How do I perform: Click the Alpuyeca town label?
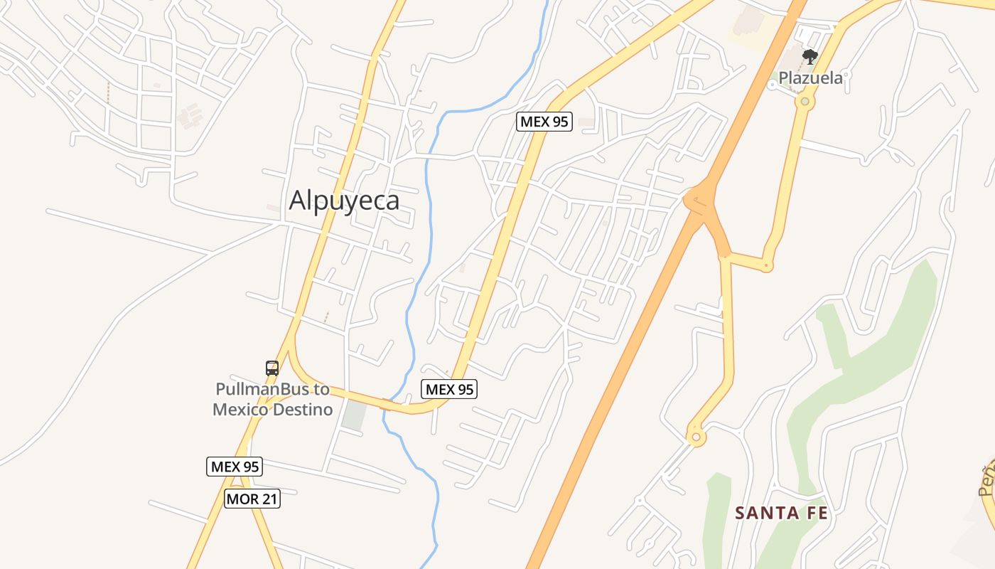pos(344,201)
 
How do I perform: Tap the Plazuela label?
pos(811,78)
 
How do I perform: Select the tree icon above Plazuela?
pos(809,56)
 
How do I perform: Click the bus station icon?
pos(272,368)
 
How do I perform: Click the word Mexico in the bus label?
pos(242,410)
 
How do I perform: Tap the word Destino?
pos(303,410)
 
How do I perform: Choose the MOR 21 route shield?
pos(252,499)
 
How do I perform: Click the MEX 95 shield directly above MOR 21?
pos(235,467)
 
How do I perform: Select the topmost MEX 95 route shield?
pos(544,121)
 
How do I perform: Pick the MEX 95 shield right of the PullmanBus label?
pos(449,389)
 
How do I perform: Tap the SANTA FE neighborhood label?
pos(781,513)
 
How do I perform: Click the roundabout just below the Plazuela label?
pos(805,102)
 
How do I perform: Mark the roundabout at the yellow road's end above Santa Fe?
pos(696,436)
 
